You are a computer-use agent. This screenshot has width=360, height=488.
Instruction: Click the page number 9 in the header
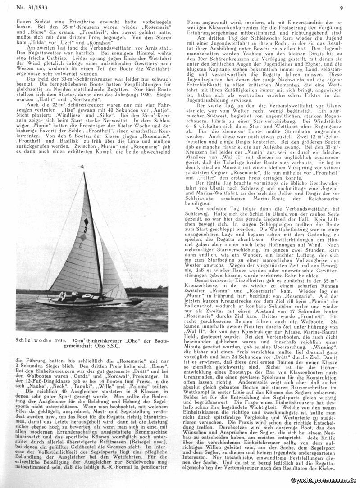click(342, 7)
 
